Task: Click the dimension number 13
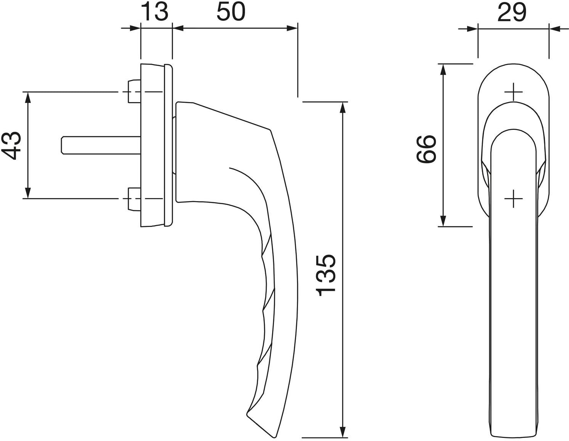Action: (154, 12)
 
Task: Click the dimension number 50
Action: (231, 12)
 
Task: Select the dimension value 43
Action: (11, 145)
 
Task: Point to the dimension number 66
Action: (426, 149)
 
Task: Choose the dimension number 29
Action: (512, 13)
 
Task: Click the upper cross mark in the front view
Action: (513, 92)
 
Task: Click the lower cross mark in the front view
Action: (513, 198)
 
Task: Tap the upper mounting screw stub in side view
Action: (134, 91)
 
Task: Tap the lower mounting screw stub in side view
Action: (134, 199)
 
